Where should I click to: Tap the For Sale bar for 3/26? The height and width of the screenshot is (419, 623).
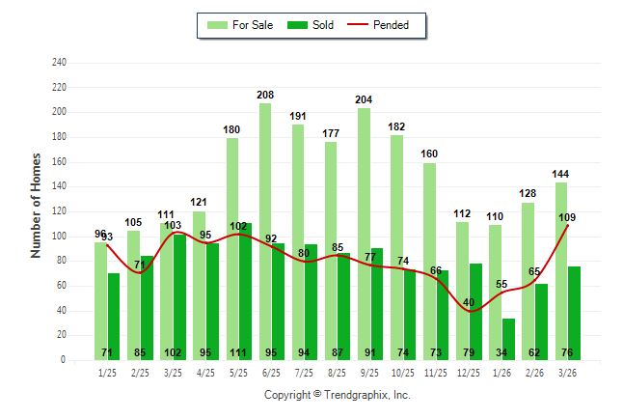pyautogui.click(x=560, y=270)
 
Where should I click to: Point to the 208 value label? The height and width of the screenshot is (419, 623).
pyautogui.click(x=264, y=95)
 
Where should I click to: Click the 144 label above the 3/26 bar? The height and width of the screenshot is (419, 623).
pyautogui.click(x=560, y=174)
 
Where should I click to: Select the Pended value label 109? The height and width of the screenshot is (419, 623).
pyautogui.click(x=568, y=217)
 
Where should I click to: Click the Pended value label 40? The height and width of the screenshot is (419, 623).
pyautogui.click(x=470, y=302)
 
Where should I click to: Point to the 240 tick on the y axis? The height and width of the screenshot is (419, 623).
pyautogui.click(x=59, y=63)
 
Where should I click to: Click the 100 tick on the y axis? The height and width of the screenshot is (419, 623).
pyautogui.click(x=59, y=237)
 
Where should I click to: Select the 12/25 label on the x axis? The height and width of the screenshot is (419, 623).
pyautogui.click(x=469, y=372)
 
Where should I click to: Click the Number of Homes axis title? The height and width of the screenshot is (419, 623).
pyautogui.click(x=36, y=205)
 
